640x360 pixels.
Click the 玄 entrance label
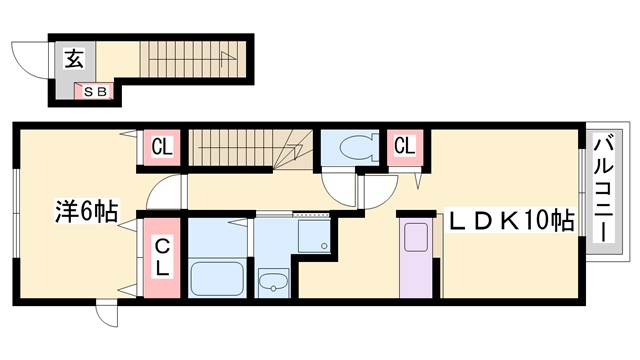tap(74, 58)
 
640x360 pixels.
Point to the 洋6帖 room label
tap(85, 212)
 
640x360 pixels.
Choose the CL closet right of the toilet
tap(404, 147)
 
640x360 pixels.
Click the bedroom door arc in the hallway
tap(170, 192)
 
